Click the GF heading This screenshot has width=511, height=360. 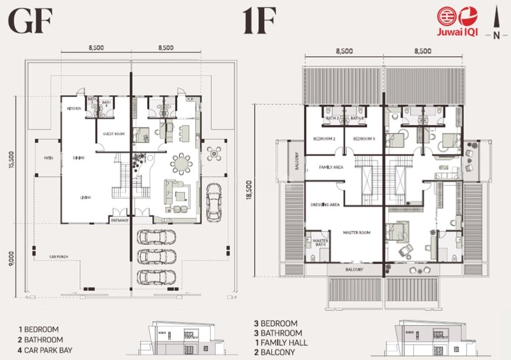[31, 22]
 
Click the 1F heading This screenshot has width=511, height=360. [259, 22]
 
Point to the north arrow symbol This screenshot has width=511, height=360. [496, 23]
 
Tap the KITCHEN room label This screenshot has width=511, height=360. [74, 109]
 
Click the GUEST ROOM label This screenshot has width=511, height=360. [114, 134]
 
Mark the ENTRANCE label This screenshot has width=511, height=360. [120, 220]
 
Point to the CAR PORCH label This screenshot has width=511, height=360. [59, 257]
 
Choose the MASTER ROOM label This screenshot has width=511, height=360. [356, 232]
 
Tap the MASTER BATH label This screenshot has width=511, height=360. [320, 243]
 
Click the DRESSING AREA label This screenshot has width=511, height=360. [325, 205]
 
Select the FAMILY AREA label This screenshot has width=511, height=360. [331, 167]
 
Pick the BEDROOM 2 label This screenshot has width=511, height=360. [324, 139]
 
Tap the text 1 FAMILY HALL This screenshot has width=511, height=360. [281, 343]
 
